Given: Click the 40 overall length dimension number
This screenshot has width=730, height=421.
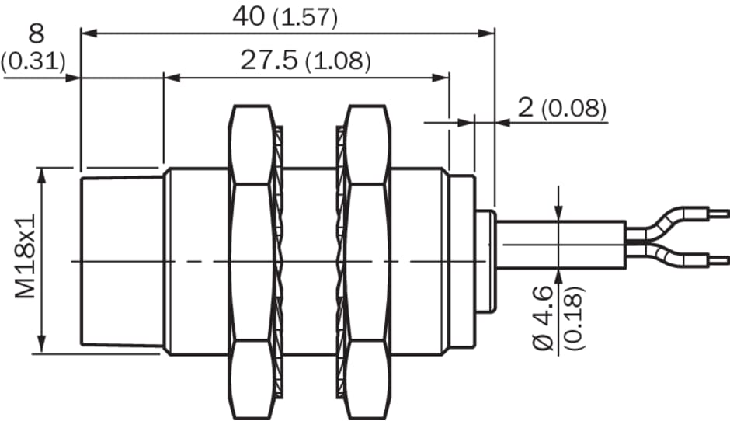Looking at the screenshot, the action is coord(249,17).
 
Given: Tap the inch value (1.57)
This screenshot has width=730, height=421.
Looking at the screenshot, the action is coord(305,19).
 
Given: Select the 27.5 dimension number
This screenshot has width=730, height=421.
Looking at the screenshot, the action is coord(269,60).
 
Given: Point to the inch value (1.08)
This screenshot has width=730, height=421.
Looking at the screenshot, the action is coord(339,61).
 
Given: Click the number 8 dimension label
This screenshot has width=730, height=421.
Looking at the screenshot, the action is coord(36,33).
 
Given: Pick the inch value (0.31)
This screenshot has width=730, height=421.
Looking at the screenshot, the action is coord(33,61).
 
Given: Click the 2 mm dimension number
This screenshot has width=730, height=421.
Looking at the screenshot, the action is coord(526,107).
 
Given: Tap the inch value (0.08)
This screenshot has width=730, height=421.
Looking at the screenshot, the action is coord(574,109).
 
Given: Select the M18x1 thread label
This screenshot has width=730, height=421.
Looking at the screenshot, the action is coord(25,256).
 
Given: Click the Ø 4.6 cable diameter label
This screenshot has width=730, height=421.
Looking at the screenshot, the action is coord(543,318).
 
